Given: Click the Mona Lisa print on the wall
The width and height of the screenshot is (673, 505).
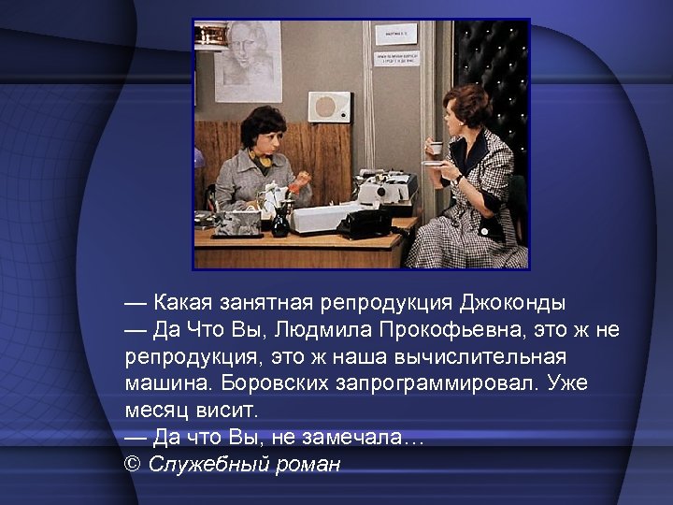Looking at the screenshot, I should pyautogui.click(x=248, y=60).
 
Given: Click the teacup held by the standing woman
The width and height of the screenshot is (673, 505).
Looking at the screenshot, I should pyautogui.click(x=435, y=148).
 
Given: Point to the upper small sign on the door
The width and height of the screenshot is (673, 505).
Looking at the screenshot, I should pyautogui.click(x=395, y=35).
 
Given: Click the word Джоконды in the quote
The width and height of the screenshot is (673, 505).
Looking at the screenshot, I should pyautogui.click(x=512, y=304).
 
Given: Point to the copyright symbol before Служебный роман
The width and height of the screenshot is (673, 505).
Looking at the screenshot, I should pyautogui.click(x=132, y=464).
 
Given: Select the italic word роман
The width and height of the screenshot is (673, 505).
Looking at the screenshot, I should pyautogui.click(x=308, y=464).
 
